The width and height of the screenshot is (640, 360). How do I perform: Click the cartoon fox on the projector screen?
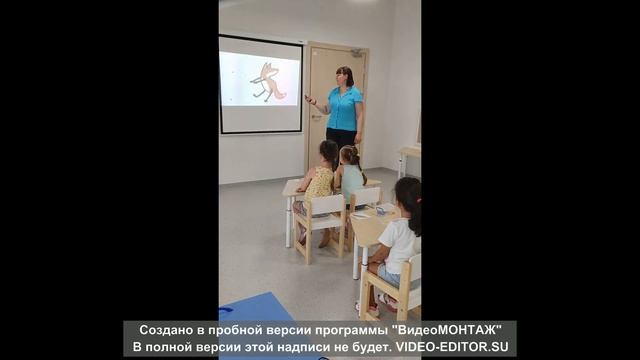pos(267,81)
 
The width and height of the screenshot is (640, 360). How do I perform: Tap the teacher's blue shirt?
pos(345,107)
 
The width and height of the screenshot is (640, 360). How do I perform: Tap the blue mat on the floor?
pos(254,308)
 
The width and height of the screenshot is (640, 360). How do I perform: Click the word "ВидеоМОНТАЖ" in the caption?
pos(450,329)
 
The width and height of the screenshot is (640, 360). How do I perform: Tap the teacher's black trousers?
pos(340,139)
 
